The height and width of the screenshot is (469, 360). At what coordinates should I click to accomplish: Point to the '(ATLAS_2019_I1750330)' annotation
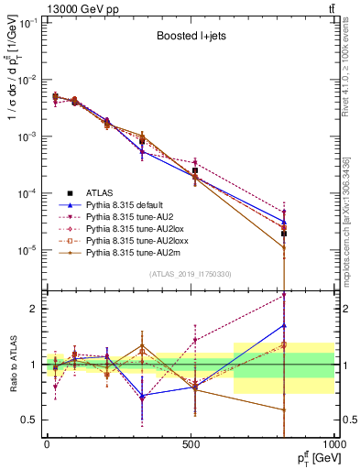189,273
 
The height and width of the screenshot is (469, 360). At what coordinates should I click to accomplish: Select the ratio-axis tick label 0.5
30,420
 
